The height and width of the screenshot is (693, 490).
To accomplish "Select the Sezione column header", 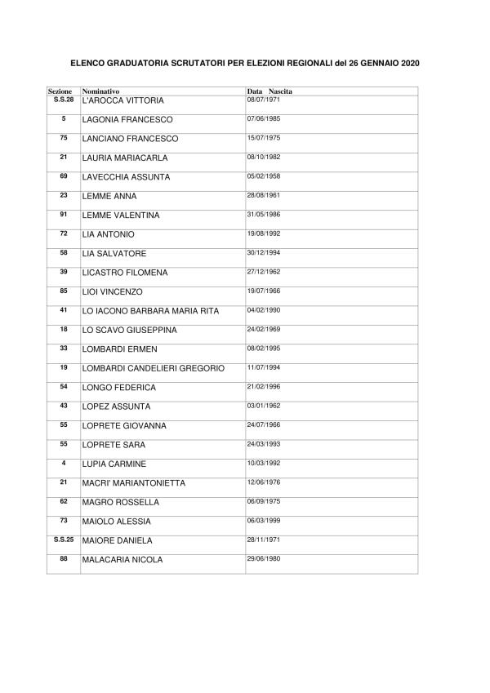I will pyautogui.click(x=60, y=91).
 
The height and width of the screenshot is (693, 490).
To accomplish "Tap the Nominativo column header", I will pyautogui.click(x=101, y=91).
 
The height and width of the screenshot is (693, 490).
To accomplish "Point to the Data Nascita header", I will pyautogui.click(x=269, y=91).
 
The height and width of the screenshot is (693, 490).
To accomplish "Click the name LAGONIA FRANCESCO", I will pyautogui.click(x=127, y=120).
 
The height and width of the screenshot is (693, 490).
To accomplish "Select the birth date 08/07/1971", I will pyautogui.click(x=263, y=99).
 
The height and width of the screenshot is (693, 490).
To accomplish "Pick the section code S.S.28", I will pyautogui.click(x=63, y=99).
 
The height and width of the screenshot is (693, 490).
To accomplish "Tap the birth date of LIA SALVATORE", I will pyautogui.click(x=263, y=252).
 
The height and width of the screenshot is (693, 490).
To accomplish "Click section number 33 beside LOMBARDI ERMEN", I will pyautogui.click(x=63, y=348).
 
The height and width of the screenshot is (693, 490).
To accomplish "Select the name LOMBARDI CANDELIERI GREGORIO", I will pyautogui.click(x=154, y=369).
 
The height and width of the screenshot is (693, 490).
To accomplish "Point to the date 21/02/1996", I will pyautogui.click(x=263, y=386).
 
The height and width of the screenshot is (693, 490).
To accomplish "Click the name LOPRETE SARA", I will pyautogui.click(x=113, y=445).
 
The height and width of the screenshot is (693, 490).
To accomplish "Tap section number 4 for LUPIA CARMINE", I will pyautogui.click(x=63, y=463).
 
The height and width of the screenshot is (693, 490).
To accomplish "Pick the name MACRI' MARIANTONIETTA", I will pyautogui.click(x=134, y=483).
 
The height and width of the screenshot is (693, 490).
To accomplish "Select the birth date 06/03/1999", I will pyautogui.click(x=263, y=520).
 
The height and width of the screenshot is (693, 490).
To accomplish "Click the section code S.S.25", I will pyautogui.click(x=63, y=539).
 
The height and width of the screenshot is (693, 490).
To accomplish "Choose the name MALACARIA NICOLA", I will pyautogui.click(x=122, y=560).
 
